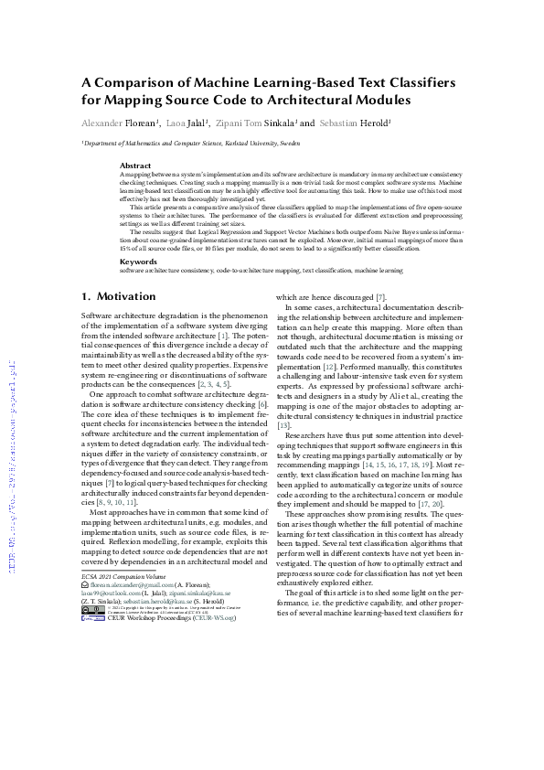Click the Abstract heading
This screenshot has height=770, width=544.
click(136, 166)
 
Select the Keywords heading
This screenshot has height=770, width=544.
click(139, 261)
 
